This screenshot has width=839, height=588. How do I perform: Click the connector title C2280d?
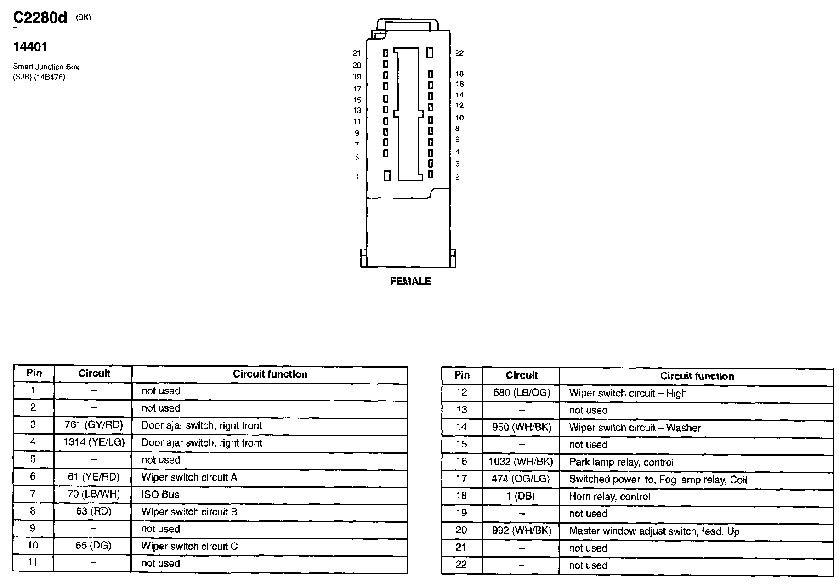(40, 18)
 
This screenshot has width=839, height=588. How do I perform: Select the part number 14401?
(30, 47)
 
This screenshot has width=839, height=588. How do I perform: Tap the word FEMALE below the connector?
(410, 281)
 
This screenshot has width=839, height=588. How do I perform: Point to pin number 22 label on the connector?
(459, 53)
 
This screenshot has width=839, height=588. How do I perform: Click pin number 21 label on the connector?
(357, 53)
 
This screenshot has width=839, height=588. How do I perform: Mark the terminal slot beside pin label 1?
(387, 175)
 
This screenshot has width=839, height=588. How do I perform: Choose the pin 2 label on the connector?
(457, 177)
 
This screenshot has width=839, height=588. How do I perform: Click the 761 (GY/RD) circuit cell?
(94, 425)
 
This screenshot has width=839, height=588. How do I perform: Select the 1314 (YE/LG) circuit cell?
(94, 442)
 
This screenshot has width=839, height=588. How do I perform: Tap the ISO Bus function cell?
(160, 494)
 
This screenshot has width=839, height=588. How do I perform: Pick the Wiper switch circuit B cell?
(189, 512)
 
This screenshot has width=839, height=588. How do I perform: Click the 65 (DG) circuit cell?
(94, 546)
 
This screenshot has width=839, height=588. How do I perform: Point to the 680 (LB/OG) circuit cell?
(521, 393)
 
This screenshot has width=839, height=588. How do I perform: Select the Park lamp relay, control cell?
(621, 462)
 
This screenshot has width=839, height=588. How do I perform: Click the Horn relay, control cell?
(610, 497)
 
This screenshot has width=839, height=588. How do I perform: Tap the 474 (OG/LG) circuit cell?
(521, 479)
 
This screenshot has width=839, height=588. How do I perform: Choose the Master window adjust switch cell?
(654, 531)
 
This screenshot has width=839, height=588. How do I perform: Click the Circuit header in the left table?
(94, 373)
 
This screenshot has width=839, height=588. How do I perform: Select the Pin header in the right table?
(462, 375)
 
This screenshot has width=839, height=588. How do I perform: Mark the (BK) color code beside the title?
(83, 17)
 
